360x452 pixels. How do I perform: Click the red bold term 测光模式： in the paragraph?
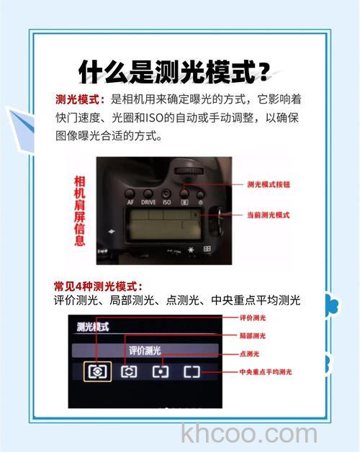(81, 99)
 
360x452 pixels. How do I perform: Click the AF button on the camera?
(131, 202)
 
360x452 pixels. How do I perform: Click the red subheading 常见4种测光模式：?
(99, 286)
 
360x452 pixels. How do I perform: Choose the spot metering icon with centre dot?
(159, 371)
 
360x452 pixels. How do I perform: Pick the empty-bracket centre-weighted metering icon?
(191, 371)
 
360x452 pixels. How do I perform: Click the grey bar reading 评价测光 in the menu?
(145, 351)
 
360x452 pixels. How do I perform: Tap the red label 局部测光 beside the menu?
(253, 335)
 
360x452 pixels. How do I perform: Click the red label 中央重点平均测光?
(265, 372)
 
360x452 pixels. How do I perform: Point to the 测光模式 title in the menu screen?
(93, 327)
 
